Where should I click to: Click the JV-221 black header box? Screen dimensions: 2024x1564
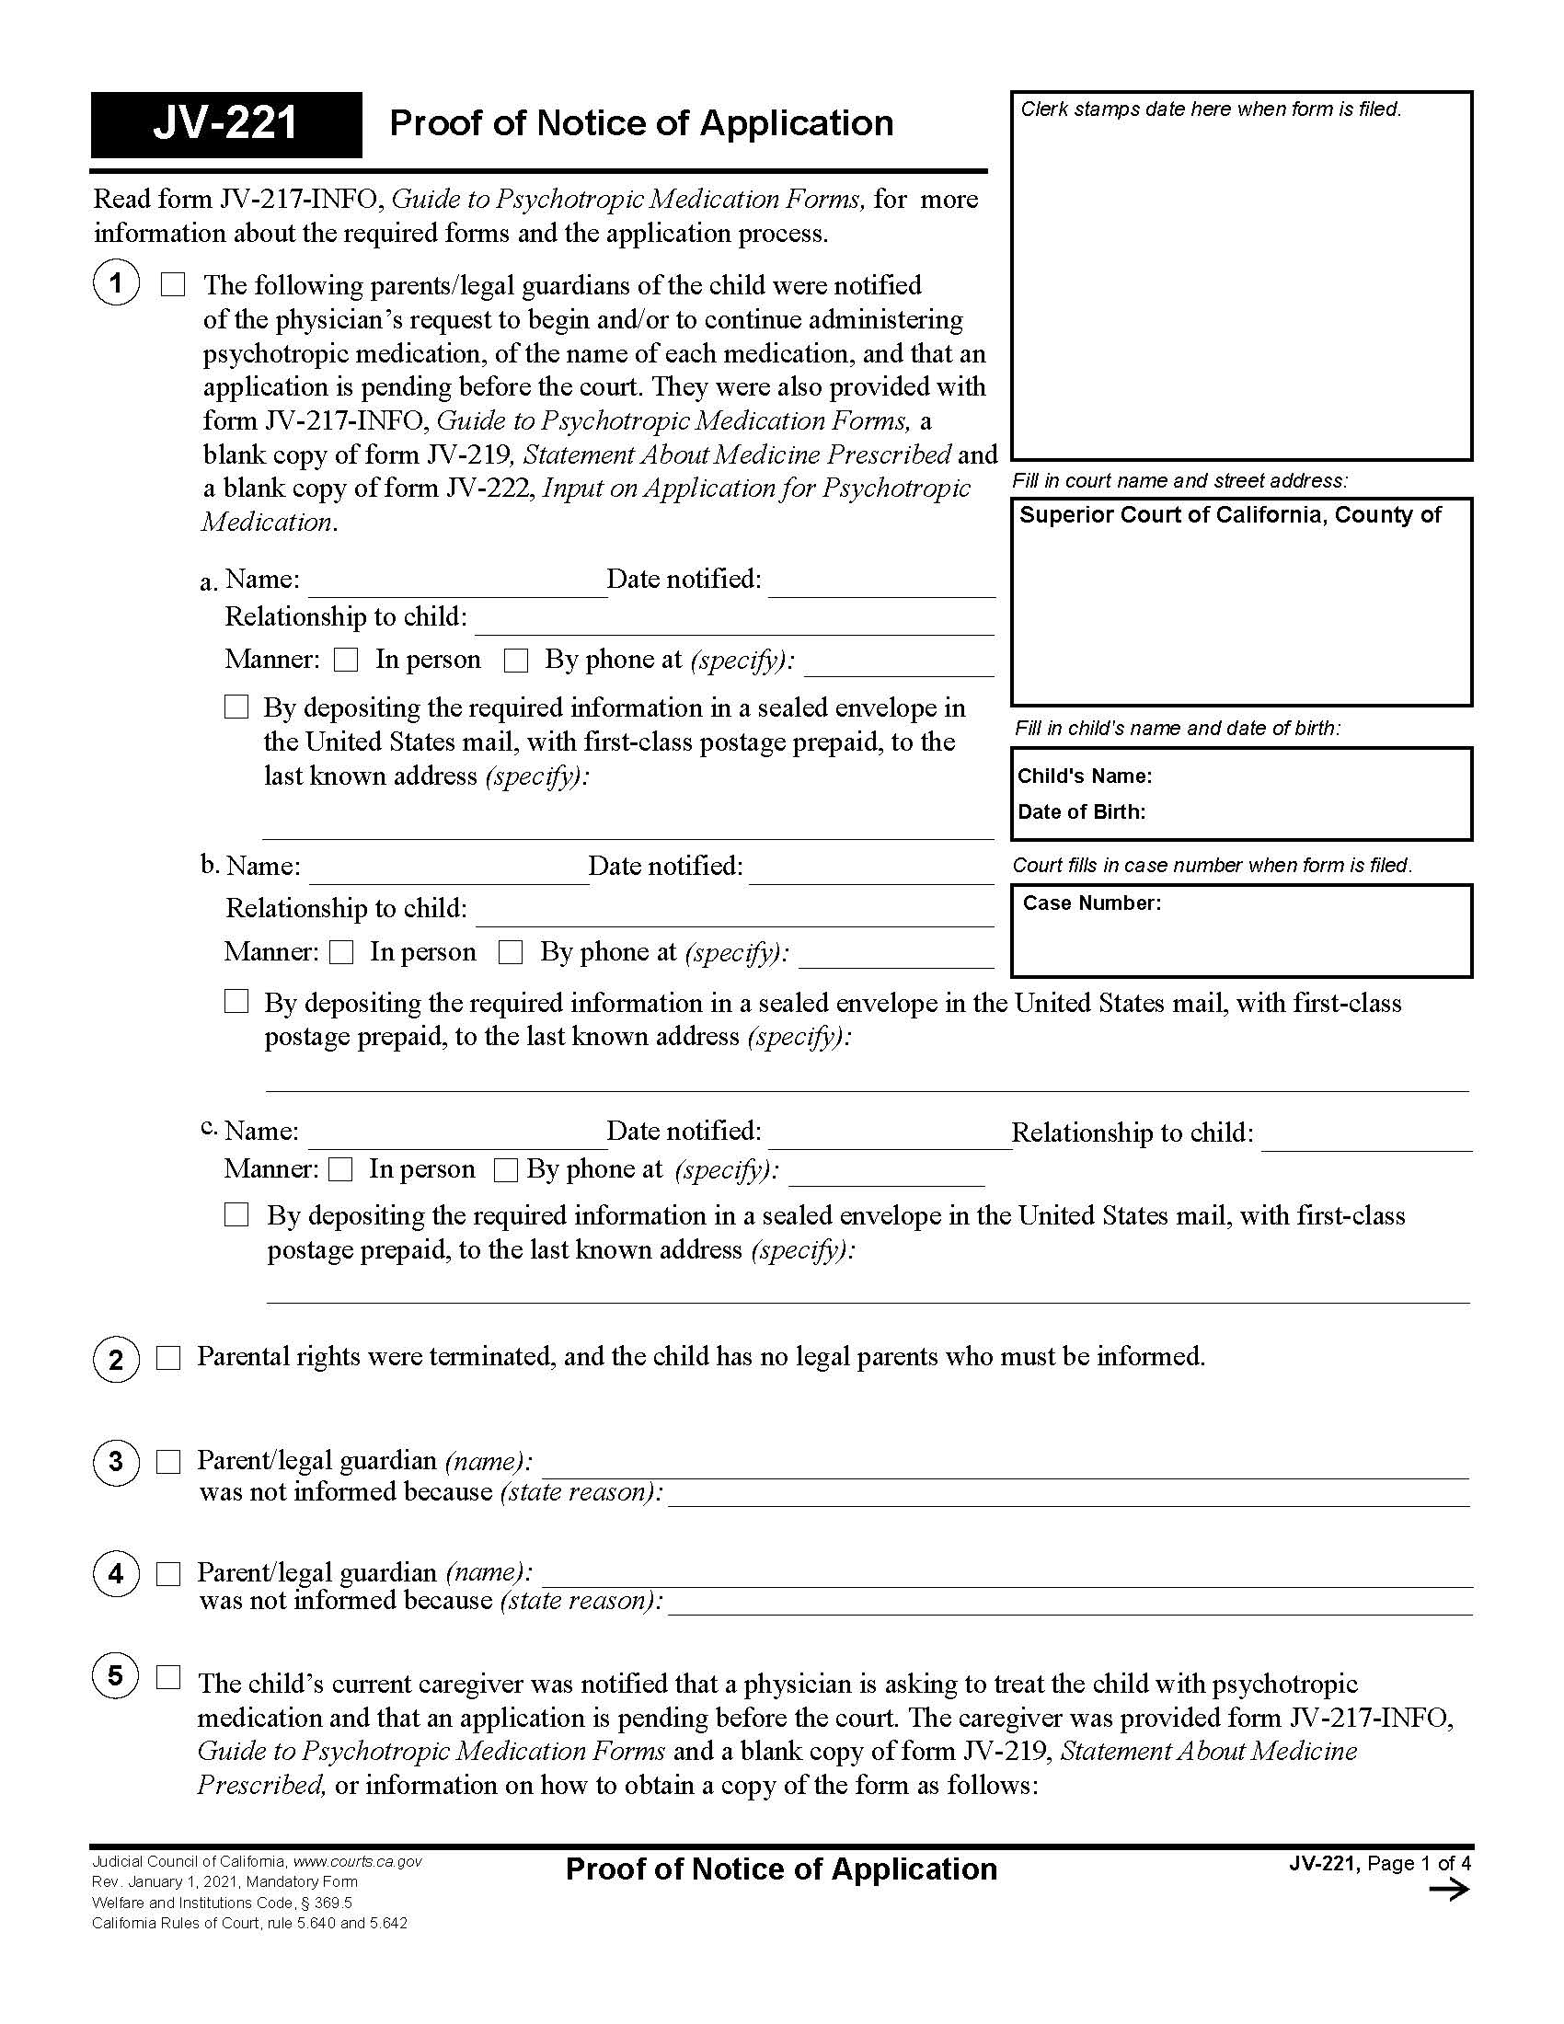[x=226, y=124]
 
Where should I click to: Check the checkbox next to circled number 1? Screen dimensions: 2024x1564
[x=173, y=284]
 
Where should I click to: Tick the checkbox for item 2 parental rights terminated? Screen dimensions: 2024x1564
[x=168, y=1358]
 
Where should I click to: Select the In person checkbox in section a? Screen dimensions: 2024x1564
[x=347, y=660]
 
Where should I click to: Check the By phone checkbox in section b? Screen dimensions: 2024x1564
[x=511, y=952]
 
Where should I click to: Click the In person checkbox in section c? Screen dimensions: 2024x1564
[x=341, y=1169]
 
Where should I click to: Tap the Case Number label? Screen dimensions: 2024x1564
[x=1090, y=903]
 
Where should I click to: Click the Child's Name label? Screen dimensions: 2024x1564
[x=1084, y=776]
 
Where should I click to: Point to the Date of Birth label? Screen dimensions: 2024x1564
[x=1081, y=811]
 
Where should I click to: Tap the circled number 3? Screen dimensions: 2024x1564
[x=116, y=1462]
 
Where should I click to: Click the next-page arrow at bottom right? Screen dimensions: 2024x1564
[x=1449, y=1889]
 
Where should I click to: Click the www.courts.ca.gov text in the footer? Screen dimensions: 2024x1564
[x=358, y=1861]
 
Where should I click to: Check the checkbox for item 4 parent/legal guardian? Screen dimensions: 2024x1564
[x=168, y=1573]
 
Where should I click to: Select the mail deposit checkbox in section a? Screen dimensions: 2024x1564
[x=237, y=707]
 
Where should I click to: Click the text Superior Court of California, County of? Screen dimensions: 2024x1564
[x=1229, y=515]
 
